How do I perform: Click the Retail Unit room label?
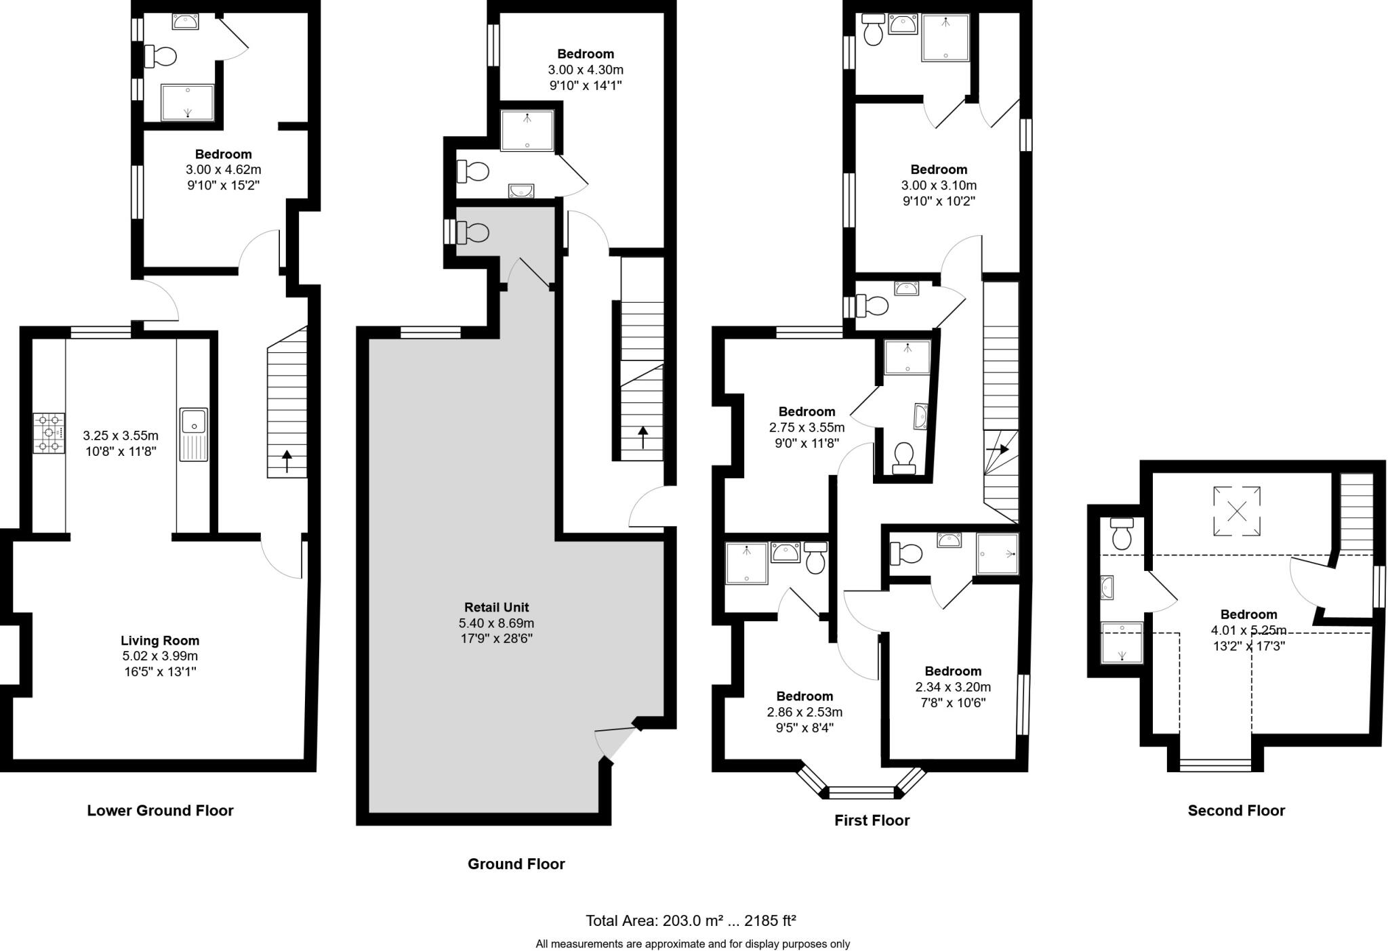click(x=496, y=608)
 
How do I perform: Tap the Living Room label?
click(x=160, y=640)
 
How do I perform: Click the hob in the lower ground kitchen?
click(x=49, y=434)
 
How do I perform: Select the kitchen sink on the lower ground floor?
click(x=194, y=434)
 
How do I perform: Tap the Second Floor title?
click(x=1236, y=811)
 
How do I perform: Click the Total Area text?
click(x=690, y=921)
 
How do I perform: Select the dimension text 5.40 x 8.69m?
click(x=496, y=623)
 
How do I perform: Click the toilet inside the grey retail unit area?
click(x=473, y=233)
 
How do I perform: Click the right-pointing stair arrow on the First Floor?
click(x=1000, y=449)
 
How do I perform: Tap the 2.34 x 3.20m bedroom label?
click(x=953, y=671)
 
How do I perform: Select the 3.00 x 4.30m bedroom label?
click(x=586, y=54)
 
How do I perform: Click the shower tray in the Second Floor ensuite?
click(x=1122, y=642)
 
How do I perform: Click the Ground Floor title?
click(x=516, y=864)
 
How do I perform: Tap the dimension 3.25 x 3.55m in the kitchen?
click(x=121, y=435)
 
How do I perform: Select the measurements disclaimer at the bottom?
click(x=693, y=944)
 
